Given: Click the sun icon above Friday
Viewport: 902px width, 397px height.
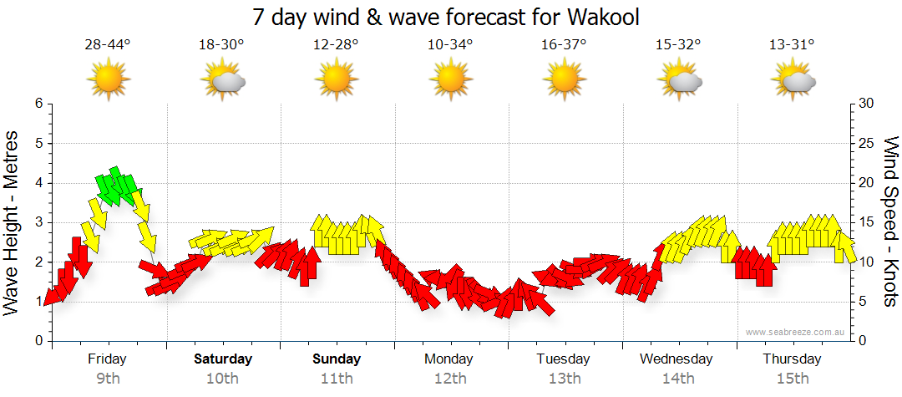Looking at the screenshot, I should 109,80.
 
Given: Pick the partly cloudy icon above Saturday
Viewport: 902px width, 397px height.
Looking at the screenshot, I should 223,80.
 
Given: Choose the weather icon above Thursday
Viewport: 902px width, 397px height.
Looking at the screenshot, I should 793,80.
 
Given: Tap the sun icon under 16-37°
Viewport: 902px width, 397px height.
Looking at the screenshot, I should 565,80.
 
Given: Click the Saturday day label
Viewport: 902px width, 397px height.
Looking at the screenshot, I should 223,359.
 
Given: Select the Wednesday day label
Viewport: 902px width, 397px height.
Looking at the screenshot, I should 676,359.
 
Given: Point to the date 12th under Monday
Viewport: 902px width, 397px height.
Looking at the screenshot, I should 450,379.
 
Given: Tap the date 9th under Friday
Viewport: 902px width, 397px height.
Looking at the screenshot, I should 108,379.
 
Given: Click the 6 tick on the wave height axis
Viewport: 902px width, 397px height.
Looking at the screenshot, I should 38,104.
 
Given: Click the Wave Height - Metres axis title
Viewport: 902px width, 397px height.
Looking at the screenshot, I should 13,222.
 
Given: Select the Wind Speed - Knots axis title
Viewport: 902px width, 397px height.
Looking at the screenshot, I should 890,222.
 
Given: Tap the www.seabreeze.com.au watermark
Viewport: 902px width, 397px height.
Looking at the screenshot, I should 796,332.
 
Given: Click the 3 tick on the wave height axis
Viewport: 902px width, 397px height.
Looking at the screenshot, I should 38,222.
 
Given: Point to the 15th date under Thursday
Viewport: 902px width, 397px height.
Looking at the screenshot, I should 793,379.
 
